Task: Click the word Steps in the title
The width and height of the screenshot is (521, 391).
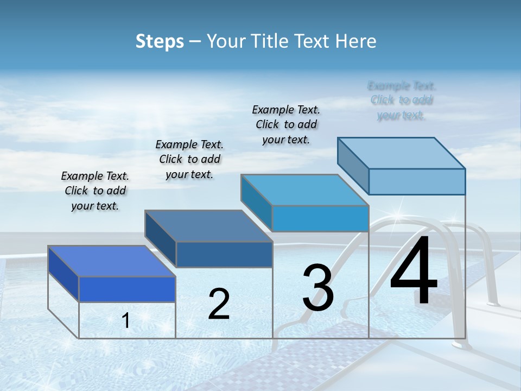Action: (160, 41)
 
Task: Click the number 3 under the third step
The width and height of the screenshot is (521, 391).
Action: (318, 288)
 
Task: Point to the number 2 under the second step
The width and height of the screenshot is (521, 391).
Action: (219, 304)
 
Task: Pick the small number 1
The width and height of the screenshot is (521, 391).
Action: (126, 321)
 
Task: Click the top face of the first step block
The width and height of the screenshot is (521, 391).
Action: (111, 261)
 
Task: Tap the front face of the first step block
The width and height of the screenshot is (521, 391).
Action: (127, 289)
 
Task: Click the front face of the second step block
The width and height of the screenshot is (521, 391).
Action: (224, 254)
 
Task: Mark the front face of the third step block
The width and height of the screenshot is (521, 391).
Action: (320, 218)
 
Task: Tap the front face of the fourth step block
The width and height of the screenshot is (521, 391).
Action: (417, 181)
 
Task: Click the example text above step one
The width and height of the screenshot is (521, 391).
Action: (95, 191)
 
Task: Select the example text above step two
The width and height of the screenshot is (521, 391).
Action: (189, 159)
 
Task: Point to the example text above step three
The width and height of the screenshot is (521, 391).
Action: (286, 124)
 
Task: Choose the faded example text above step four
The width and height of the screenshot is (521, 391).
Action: (402, 100)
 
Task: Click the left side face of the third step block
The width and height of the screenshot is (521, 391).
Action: (256, 202)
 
